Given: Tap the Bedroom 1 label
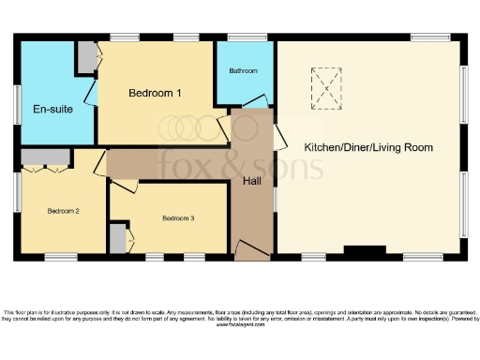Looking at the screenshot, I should [155, 92].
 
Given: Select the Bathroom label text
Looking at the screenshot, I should [244, 71].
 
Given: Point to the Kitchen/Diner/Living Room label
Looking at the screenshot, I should [367, 148].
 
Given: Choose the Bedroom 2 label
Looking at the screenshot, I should [64, 211].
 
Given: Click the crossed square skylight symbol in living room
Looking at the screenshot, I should [327, 87].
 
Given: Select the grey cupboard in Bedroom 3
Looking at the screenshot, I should [117, 238].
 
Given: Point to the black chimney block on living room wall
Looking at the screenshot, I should [364, 250].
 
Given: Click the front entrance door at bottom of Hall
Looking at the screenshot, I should [250, 249].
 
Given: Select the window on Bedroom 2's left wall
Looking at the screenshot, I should [16, 192].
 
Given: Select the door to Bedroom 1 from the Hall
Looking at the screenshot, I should [225, 127].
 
